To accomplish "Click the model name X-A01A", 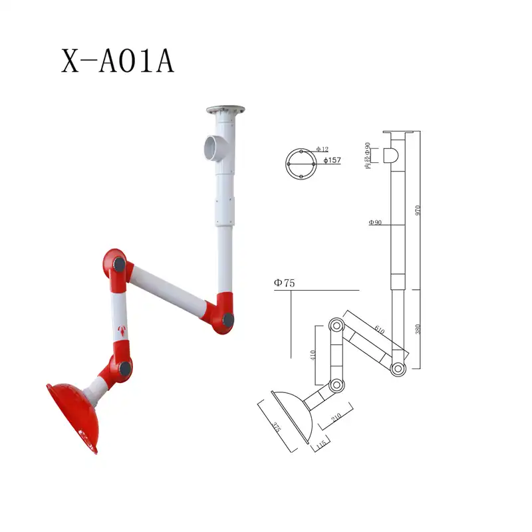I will (118, 61).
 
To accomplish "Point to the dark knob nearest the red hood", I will (124, 366).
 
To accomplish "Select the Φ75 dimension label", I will (284, 283).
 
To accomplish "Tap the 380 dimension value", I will (418, 329).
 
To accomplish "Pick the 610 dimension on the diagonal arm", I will (378, 328).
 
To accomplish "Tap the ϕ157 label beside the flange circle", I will (332, 160).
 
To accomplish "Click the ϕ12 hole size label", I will (323, 149).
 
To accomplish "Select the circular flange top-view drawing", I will (300, 162).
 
